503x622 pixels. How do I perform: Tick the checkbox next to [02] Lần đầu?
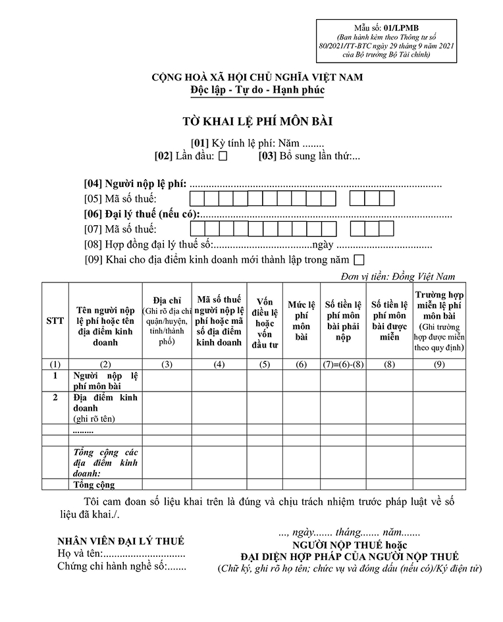click(223, 157)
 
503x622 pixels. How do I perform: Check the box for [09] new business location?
click(359, 259)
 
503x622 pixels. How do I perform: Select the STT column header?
click(55, 321)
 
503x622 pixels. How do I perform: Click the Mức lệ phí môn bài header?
click(302, 321)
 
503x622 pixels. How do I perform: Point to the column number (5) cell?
click(265, 364)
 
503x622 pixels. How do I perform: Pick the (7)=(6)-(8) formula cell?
click(342, 364)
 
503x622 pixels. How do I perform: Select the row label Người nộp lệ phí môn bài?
click(105, 380)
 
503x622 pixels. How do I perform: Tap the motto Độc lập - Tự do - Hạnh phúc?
click(257, 90)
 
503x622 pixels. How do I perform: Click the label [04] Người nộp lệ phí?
click(136, 184)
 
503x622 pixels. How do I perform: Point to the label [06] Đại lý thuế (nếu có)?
click(142, 214)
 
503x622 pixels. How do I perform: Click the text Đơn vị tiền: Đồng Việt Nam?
click(398, 276)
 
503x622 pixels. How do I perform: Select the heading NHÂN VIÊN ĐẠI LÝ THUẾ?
click(120, 542)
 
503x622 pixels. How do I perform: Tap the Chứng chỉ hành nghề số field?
click(122, 566)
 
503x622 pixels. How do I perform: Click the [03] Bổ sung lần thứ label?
click(309, 157)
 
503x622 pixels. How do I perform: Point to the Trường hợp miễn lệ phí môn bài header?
click(440, 321)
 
